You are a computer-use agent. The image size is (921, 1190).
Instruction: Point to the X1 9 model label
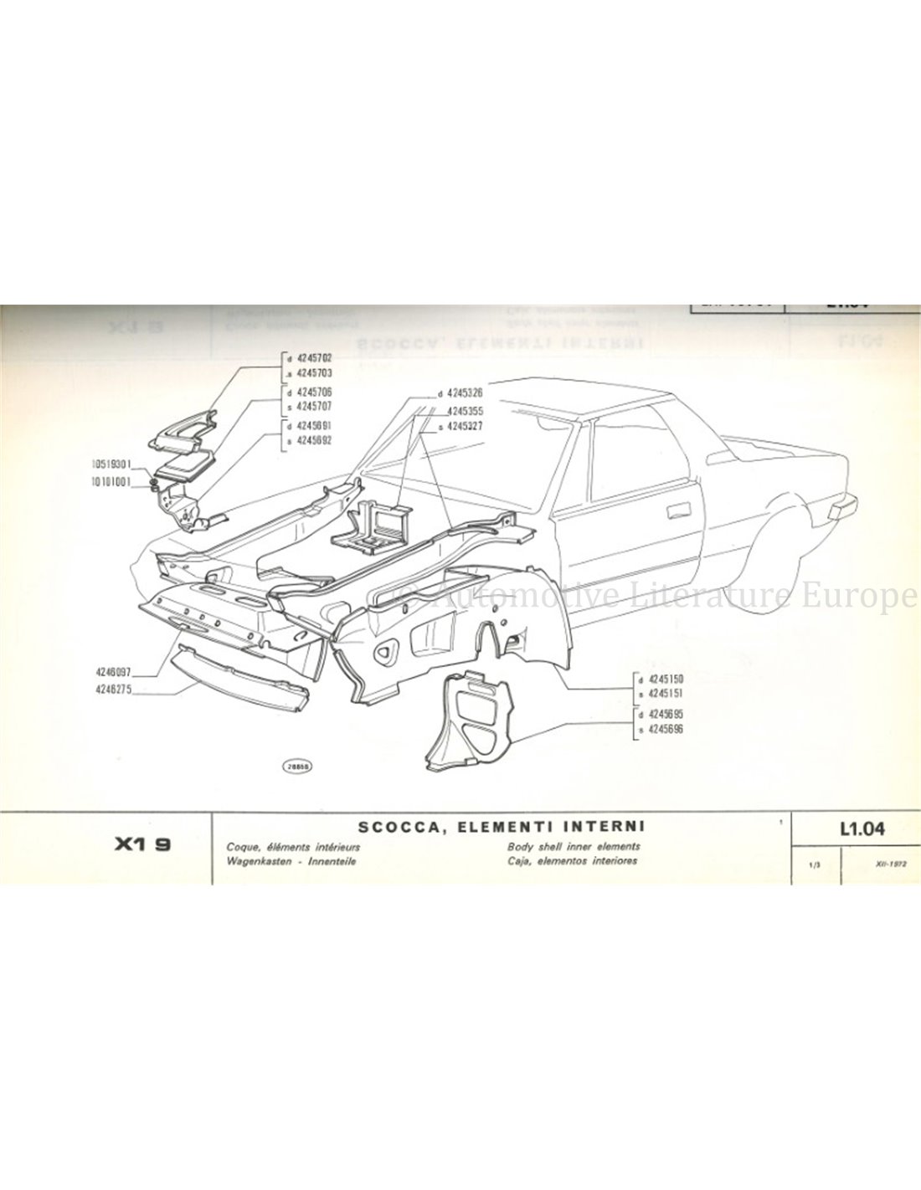point(143,846)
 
